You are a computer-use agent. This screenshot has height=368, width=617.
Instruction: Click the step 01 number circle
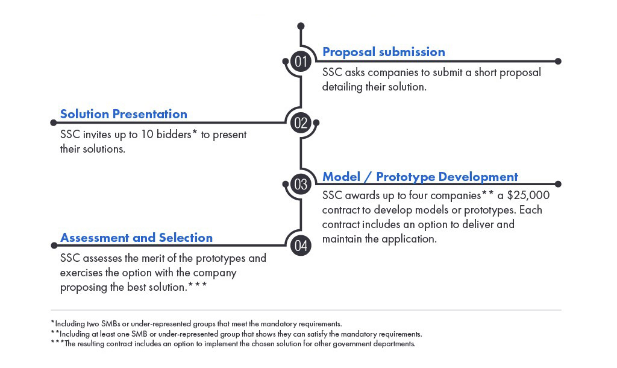pos(301,62)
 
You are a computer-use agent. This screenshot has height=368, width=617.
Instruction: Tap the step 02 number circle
pos(301,123)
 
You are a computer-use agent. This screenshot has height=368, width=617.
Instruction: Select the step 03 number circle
pos(301,184)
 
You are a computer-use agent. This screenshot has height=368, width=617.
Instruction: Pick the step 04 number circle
pos(301,246)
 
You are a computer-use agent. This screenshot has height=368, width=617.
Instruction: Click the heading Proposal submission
pos(384,52)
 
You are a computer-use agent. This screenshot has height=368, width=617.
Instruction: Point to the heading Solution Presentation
pos(124,114)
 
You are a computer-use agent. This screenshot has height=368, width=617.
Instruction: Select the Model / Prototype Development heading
pos(420,177)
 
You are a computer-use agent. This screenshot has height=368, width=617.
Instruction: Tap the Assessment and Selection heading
pos(136,238)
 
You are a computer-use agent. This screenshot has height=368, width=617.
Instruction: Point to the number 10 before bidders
pos(147,135)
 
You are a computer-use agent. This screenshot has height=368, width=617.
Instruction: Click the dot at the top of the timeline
pos(301,26)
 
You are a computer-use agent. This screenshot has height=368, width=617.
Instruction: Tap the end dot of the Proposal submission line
pos(558,61)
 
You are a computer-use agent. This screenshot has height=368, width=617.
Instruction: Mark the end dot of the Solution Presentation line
pos(54,123)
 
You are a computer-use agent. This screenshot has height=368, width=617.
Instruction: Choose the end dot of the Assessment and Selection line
pos(54,246)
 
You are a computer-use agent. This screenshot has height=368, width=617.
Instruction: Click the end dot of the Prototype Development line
pos(558,184)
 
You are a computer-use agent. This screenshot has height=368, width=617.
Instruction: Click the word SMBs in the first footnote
pos(111,324)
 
